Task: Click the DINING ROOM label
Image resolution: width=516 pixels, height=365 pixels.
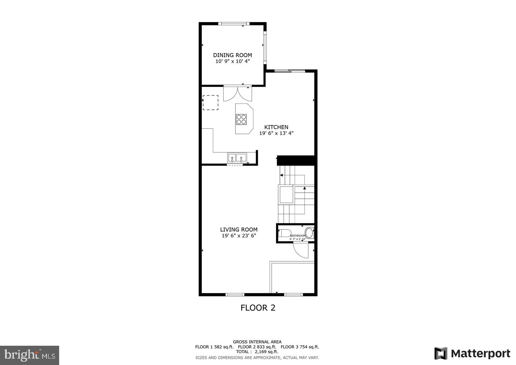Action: pos(232,55)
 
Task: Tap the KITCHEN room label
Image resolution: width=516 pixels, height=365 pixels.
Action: pos(276,127)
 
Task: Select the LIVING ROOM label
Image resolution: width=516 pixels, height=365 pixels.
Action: pos(239,229)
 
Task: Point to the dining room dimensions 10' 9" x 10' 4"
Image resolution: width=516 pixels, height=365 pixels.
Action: pos(232,62)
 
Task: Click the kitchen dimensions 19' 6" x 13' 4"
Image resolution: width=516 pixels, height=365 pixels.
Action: pos(276,133)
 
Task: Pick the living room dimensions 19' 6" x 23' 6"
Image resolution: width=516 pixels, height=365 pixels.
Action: pos(239,236)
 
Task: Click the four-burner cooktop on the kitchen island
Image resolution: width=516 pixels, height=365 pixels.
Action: pos(241,119)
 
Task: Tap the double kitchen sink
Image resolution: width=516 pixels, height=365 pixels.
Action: pos(237,158)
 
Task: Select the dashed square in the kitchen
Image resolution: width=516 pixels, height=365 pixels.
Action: pos(210,102)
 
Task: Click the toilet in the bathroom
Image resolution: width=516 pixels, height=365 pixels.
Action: pos(285,233)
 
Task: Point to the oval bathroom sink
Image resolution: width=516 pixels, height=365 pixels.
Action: pos(309,233)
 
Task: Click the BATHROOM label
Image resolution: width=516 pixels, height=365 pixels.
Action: pos(297,236)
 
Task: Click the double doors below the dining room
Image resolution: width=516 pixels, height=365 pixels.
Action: pos(238,94)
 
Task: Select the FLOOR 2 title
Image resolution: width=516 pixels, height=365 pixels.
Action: pos(258,308)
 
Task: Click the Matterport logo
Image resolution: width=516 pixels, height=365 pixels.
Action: pos(472,354)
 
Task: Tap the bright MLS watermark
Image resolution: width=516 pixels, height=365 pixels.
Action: pos(29,355)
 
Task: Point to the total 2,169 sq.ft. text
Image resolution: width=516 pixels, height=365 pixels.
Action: pos(257,351)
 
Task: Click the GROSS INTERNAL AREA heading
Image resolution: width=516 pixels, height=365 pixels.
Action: pos(257,342)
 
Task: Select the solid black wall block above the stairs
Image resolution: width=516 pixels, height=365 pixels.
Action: pos(296,161)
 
